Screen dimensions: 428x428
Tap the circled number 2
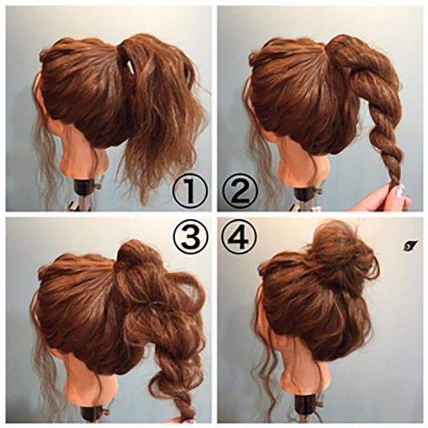pos(240,191)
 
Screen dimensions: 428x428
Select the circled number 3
pos(190,238)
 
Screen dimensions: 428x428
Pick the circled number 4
pos(240,237)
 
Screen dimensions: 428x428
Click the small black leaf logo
pos(409,245)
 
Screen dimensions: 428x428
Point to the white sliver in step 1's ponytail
pos(132,67)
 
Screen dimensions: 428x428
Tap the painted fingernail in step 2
pos(400,191)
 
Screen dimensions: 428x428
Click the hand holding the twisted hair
pos(382,197)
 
